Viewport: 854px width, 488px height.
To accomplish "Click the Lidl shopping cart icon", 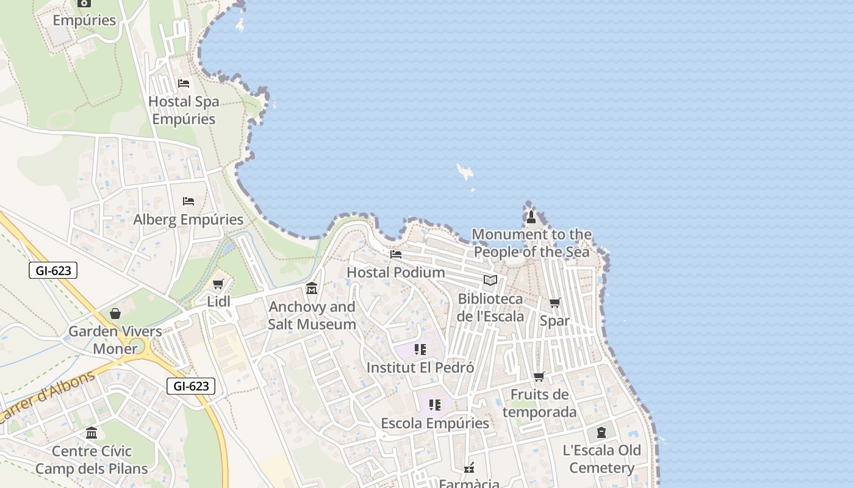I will [x=218, y=284].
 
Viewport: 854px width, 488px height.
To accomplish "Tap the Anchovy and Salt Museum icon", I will [x=312, y=288].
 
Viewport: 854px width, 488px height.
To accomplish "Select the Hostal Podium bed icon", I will [x=396, y=254].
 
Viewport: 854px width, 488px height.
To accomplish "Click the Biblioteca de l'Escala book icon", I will [x=490, y=280].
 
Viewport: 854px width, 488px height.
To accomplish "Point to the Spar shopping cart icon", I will [x=554, y=303].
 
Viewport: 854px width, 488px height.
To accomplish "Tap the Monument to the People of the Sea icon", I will [x=531, y=217].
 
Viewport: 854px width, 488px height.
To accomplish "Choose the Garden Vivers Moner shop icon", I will [x=115, y=314].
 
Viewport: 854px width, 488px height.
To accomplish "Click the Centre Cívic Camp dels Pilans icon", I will [x=91, y=433].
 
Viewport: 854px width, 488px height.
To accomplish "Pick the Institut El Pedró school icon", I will [x=420, y=350].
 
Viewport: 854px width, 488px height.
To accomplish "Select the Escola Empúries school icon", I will [x=434, y=405].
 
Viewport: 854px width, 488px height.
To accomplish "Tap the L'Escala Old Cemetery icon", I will [x=601, y=432].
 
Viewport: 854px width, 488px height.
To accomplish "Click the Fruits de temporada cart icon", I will [x=539, y=376].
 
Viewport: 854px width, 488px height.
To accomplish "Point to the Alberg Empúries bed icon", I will [x=188, y=201].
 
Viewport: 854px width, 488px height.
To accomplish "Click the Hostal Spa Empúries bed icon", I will [x=184, y=84].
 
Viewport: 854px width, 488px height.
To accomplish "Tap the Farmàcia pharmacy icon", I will [x=469, y=468].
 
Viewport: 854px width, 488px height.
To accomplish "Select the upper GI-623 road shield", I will [x=53, y=270].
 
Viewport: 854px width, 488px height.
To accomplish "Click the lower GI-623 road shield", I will [x=191, y=386].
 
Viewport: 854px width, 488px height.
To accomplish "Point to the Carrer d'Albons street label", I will [x=48, y=396].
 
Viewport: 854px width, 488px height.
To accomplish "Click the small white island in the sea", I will [x=465, y=173].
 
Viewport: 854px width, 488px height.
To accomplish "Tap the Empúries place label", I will [x=84, y=20].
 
